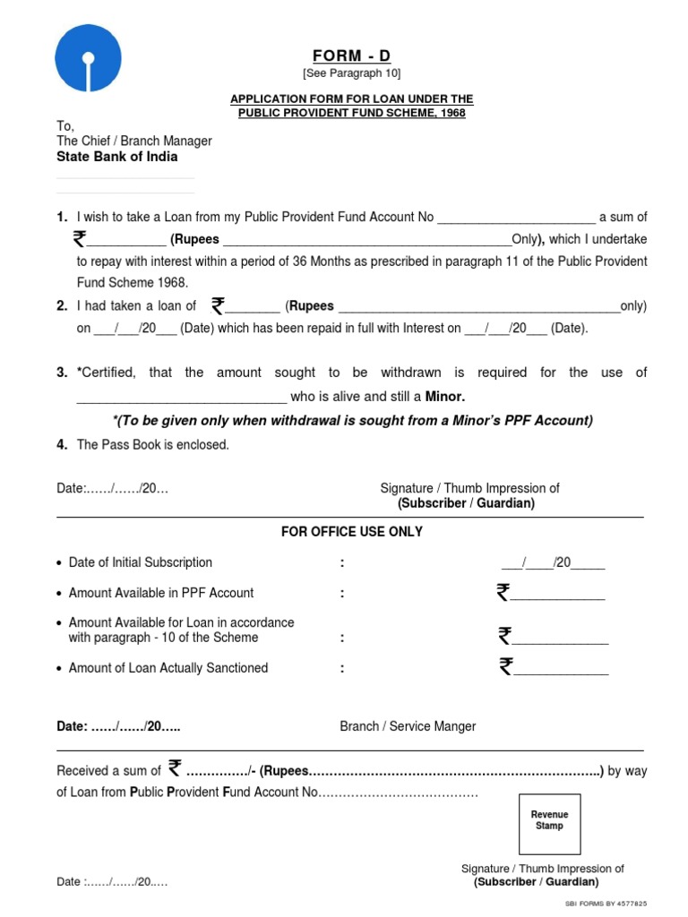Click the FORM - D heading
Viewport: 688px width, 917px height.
(351, 56)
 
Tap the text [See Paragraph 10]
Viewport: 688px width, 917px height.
(351, 73)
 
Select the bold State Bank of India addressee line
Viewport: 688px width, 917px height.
(117, 157)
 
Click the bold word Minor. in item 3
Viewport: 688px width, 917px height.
(444, 397)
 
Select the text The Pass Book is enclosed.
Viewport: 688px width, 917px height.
(153, 445)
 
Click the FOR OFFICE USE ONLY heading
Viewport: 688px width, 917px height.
(351, 532)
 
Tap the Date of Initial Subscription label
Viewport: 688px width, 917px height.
(141, 562)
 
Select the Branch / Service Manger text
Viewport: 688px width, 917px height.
(408, 726)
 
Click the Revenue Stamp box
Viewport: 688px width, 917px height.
(549, 820)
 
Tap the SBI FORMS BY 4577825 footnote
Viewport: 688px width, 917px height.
(606, 904)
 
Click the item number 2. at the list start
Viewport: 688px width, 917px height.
(62, 306)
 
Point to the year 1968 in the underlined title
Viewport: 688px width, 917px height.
(452, 114)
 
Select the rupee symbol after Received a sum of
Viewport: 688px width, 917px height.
(175, 768)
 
